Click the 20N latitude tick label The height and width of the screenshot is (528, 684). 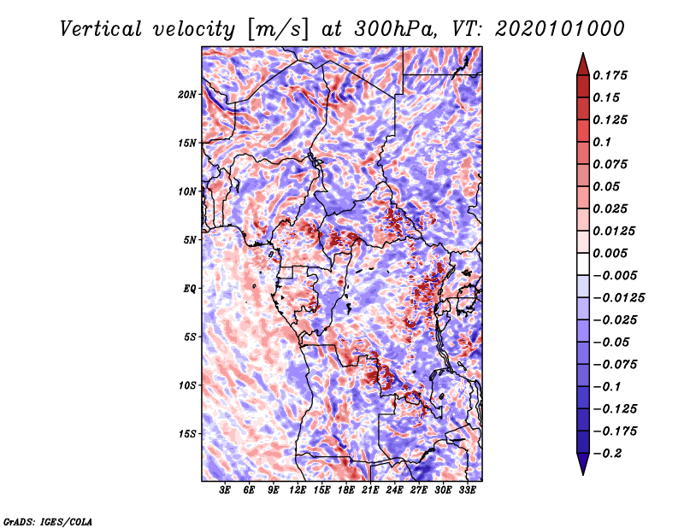(187, 95)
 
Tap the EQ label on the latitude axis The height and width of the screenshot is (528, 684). (190, 289)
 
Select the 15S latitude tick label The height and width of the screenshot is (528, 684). (187, 434)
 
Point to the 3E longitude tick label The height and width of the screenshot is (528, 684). (225, 490)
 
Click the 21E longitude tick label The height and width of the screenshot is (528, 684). (370, 490)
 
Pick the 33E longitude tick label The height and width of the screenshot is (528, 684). (467, 490)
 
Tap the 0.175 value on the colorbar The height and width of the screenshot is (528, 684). (610, 75)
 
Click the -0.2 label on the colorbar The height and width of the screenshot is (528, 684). (607, 454)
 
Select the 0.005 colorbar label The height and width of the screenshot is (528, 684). (610, 253)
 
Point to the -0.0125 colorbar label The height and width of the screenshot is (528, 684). (618, 298)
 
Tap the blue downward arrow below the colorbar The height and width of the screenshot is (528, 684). (583, 464)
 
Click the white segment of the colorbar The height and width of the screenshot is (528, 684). (583, 264)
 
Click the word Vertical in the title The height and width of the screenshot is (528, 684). (101, 29)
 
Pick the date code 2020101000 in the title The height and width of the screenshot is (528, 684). (560, 29)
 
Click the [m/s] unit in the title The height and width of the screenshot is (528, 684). (278, 29)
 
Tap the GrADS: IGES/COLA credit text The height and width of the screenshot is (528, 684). (48, 521)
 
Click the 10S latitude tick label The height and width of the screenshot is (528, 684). (187, 385)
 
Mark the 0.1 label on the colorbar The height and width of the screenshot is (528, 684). (602, 142)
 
